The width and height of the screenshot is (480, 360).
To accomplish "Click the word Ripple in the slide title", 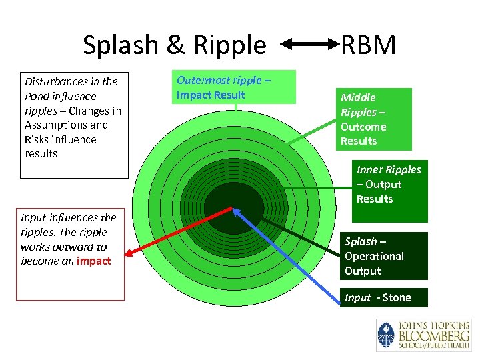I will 230,45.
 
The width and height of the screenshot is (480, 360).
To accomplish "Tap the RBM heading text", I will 369,45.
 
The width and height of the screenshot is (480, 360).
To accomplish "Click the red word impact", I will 93,261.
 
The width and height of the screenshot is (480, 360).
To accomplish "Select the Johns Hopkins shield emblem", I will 386,335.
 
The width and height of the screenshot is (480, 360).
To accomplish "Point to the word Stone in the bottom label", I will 397,297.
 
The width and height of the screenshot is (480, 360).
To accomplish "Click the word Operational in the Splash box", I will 374,256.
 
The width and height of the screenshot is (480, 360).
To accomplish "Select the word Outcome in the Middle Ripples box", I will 363,127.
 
